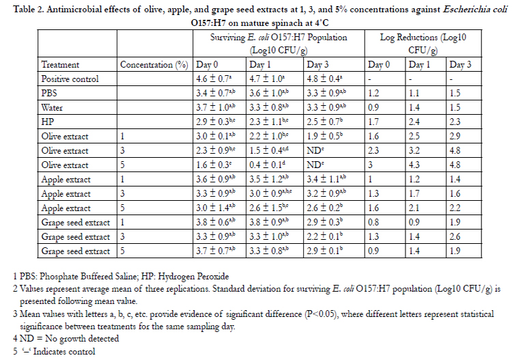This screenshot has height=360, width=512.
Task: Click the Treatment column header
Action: coord(60,65)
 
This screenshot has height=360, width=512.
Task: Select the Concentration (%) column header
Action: coord(154,65)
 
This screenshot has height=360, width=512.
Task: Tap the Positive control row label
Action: coord(70,79)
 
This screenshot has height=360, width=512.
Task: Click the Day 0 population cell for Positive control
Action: coord(214,79)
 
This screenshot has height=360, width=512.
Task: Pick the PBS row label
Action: coord(49,94)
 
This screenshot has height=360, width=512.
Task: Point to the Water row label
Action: coord(52,108)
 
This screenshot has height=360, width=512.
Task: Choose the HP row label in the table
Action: coord(48,122)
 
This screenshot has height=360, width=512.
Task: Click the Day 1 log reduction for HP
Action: coord(414,122)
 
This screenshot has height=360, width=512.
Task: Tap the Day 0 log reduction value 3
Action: coord(370,165)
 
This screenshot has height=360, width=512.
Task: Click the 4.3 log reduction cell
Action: coord(414,165)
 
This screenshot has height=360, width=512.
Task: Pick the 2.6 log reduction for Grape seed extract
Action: coord(455,237)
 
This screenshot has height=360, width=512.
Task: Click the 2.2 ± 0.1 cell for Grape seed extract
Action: coord(324,237)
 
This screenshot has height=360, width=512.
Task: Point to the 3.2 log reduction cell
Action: coord(414,150)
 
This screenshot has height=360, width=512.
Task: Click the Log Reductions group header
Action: coord(423,44)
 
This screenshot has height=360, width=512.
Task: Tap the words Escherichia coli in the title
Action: coord(475,9)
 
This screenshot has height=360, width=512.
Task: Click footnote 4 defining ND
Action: coord(66,339)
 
